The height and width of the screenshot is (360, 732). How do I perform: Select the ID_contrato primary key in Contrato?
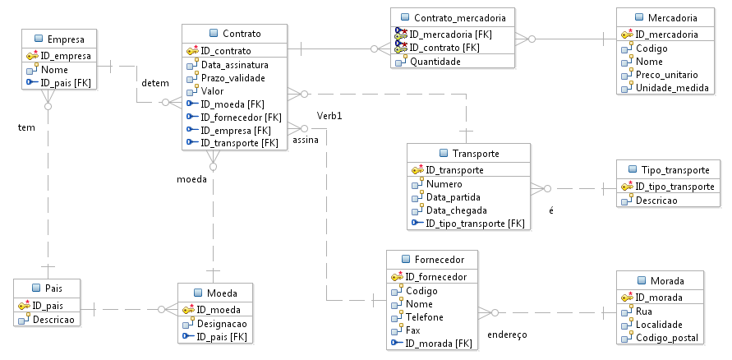(x=227, y=51)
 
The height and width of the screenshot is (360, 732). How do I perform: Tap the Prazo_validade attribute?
(x=234, y=77)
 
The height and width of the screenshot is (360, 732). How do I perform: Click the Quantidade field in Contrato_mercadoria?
(x=435, y=61)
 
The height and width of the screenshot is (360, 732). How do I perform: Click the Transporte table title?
(x=475, y=154)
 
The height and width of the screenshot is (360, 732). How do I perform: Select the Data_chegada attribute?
(x=453, y=210)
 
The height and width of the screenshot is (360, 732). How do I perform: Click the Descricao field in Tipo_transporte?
(x=656, y=200)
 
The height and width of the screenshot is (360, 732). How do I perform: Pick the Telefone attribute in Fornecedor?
(x=424, y=316)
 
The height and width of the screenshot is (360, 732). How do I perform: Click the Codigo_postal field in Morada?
(x=666, y=338)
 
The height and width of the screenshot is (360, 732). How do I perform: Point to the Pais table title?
(x=53, y=288)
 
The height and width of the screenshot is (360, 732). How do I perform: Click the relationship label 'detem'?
(x=155, y=83)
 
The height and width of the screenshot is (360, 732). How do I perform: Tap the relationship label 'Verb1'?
(x=329, y=115)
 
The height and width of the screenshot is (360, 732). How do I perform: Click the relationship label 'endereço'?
(x=506, y=335)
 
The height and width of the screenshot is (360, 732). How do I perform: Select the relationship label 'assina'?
(x=306, y=141)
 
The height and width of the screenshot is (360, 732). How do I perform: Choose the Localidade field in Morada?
(x=660, y=325)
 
